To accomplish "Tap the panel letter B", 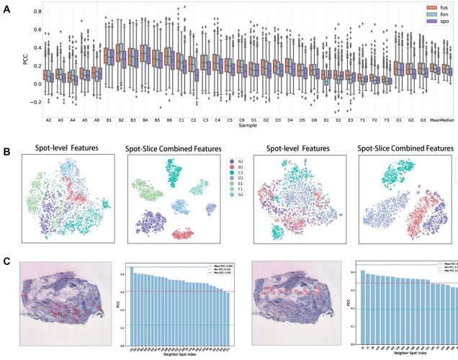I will click(x=6, y=153).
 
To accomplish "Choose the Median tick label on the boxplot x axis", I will click(x=446, y=120).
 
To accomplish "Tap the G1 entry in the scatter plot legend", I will click(x=233, y=214).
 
